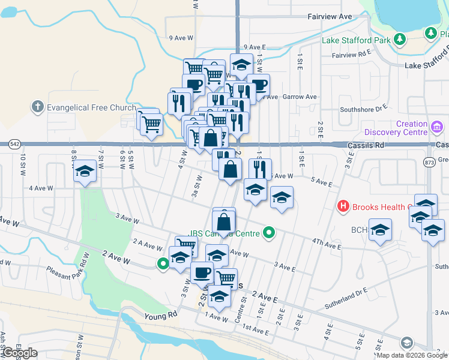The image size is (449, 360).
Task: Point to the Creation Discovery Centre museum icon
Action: point(436,128)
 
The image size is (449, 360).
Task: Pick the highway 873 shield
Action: point(429,162)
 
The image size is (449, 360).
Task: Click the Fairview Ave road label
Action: point(329,17)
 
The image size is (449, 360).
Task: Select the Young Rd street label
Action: point(161,314)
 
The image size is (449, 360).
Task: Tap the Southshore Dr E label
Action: point(364,109)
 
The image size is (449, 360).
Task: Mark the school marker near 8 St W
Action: point(85,171)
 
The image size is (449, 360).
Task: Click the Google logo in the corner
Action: point(19,353)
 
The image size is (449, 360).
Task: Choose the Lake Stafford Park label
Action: point(355,41)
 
